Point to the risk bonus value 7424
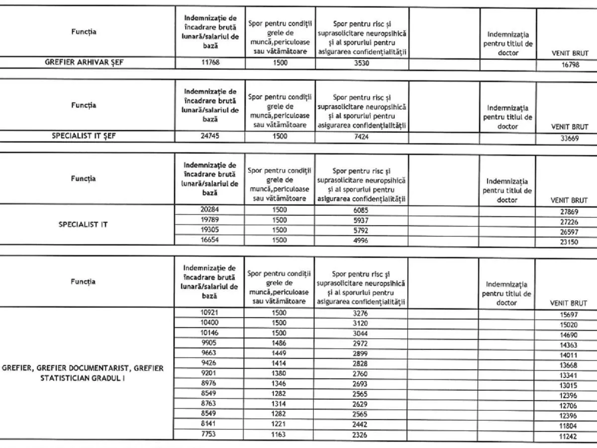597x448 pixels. pos(362,136)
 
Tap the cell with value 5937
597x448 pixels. pos(362,220)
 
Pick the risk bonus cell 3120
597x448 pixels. pos(362,323)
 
